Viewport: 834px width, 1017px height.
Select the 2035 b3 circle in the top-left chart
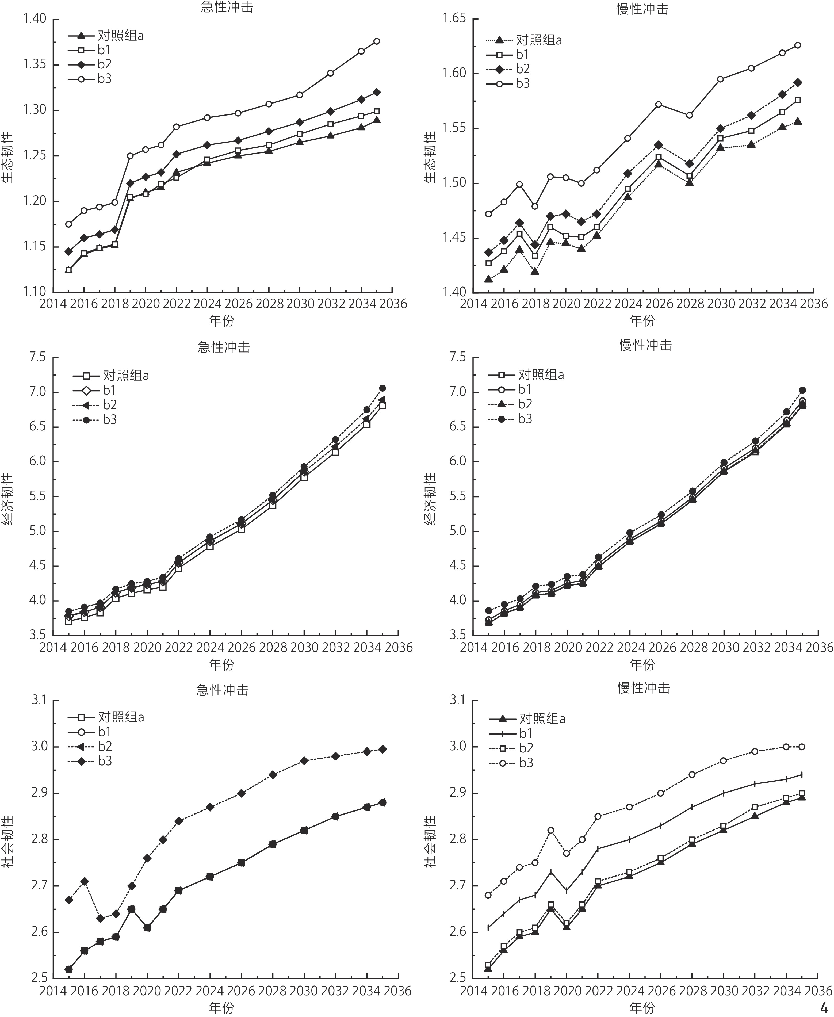click(x=377, y=41)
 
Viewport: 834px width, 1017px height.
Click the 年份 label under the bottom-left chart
click(x=221, y=1008)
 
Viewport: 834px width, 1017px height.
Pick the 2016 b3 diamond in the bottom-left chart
click(x=85, y=881)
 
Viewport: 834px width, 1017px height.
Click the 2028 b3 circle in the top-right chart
click(x=689, y=115)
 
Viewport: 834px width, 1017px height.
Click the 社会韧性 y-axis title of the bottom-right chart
click(x=430, y=842)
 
